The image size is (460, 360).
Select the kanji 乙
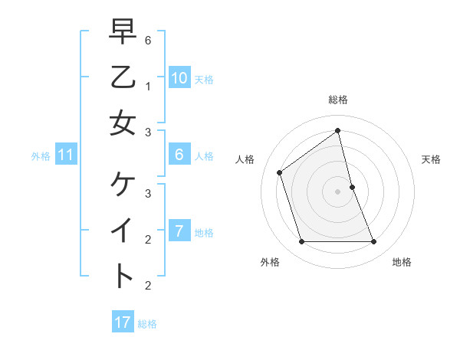pos(123,77)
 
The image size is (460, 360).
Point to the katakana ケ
pos(123,185)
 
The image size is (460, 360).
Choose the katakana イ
pos(123,230)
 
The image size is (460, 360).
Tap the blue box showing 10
pos(179,78)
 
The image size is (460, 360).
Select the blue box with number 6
pos(179,155)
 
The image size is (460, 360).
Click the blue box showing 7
pos(179,231)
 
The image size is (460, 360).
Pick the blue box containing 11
pos(66,155)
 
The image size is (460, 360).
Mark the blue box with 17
pos(123,322)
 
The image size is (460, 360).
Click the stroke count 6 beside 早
pos(148,40)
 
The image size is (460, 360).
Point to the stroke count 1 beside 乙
pos(148,87)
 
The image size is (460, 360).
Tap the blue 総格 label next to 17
pos(147,324)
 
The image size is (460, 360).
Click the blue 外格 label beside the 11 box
pos(41,156)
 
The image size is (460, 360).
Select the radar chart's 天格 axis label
pos(431,159)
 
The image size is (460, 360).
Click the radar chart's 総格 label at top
pos(338,100)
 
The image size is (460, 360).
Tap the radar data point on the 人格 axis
pos(280,172)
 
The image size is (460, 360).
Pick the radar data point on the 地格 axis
pos(374,242)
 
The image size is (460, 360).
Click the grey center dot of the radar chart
pos(338,191)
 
